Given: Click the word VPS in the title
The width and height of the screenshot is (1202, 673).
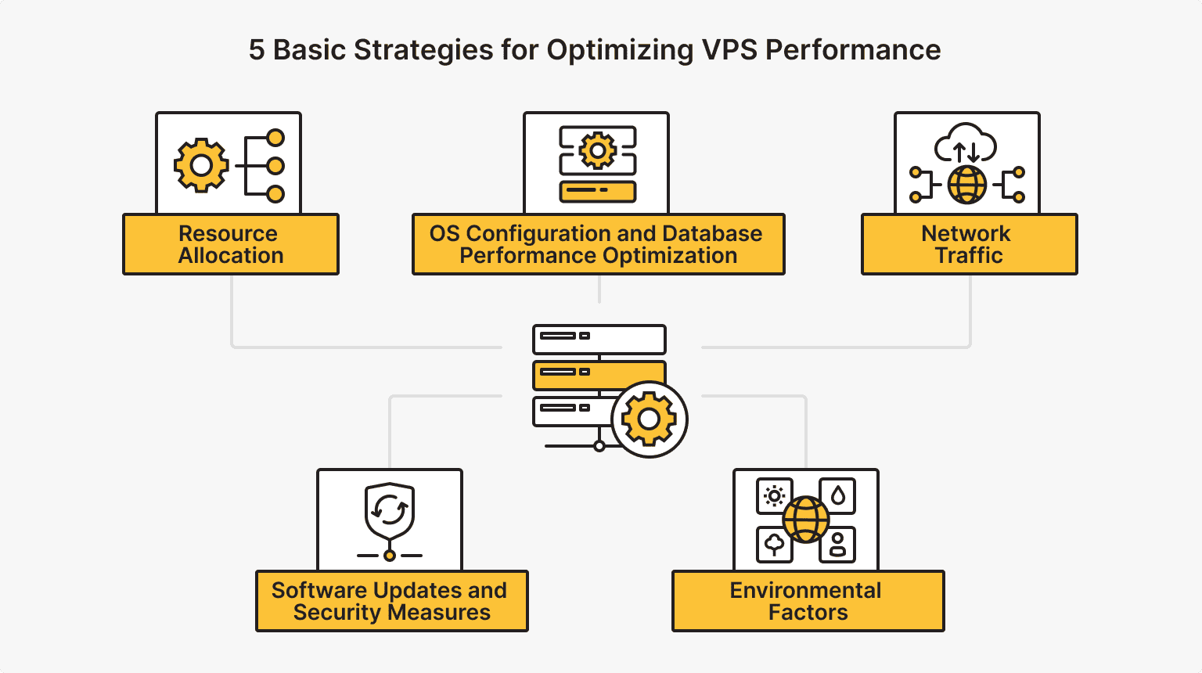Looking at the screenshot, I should click(x=729, y=50).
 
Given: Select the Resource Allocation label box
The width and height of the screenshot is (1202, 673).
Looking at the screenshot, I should click(x=231, y=244).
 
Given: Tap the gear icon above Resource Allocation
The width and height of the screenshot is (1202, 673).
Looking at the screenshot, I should click(x=201, y=165).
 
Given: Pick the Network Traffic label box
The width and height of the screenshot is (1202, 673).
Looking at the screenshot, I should click(x=969, y=244).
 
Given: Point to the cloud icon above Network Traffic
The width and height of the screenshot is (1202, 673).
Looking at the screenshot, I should click(x=966, y=143).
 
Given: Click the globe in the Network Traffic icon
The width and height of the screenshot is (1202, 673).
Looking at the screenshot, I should click(x=967, y=185).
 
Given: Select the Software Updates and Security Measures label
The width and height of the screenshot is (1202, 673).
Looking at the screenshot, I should click(x=391, y=601).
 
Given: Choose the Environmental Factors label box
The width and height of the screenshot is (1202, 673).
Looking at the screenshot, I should click(x=808, y=601).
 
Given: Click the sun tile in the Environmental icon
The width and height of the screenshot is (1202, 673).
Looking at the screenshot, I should click(x=774, y=496).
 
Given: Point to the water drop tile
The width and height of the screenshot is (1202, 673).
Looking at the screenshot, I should click(x=838, y=496).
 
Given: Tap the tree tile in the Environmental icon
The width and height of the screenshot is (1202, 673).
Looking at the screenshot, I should click(x=774, y=545).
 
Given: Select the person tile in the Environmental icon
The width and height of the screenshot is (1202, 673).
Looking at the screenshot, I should click(x=837, y=545).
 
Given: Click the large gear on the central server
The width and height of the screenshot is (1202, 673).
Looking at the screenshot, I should click(x=649, y=419).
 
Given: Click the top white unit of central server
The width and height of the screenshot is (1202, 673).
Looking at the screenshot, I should click(x=599, y=340).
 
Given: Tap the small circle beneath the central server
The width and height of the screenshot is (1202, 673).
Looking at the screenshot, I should click(x=599, y=446).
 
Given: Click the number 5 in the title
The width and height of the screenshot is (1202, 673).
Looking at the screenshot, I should click(x=257, y=50).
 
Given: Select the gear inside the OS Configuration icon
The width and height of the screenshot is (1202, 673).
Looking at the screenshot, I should click(x=598, y=149).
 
